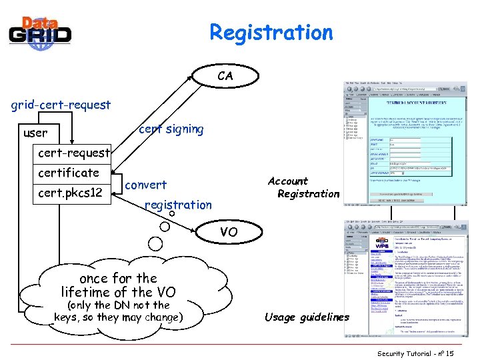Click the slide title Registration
271,32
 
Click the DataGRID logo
40,32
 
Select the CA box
225,76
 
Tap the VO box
229,232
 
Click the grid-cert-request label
61,105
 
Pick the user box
35,133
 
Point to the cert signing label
171,129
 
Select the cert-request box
74,153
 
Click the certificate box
69,173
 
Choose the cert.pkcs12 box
71,193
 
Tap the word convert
146,185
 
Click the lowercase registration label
178,205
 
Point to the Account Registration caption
304,187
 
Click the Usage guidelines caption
307,317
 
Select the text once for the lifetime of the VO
118,285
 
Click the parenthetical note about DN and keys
118,311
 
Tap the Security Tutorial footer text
415,353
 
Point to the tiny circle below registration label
171,215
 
